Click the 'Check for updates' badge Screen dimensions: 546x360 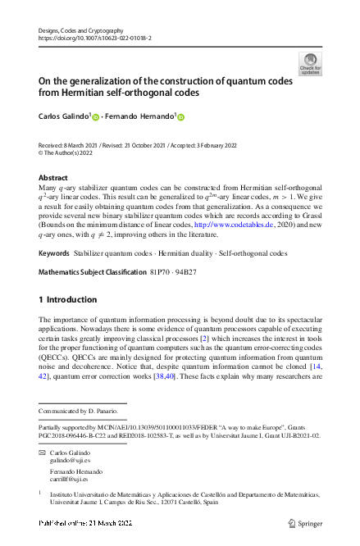click(x=310, y=64)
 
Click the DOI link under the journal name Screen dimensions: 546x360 click(x=94, y=39)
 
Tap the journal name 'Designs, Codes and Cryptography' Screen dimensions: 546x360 click(x=86, y=30)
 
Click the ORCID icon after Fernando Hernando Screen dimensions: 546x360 click(x=181, y=117)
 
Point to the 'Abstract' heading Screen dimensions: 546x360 click(x=53, y=177)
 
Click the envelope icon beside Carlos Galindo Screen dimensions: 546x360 click(x=43, y=452)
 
